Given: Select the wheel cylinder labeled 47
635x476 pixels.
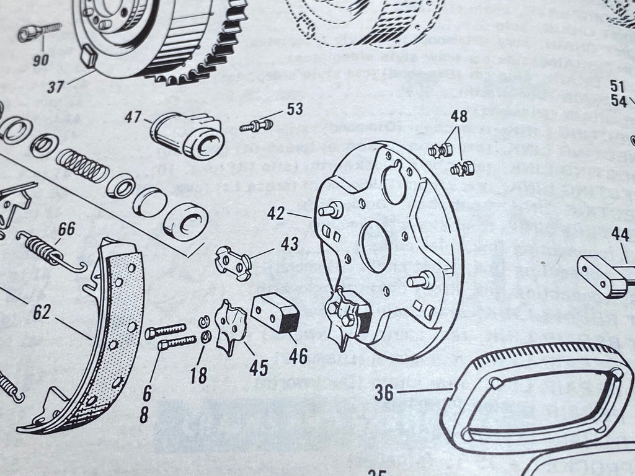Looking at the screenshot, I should point(187,133).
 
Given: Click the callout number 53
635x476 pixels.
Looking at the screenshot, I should point(295,110).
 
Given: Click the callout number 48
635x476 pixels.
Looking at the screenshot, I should point(460,116).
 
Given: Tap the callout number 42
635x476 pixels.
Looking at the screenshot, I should point(277,214).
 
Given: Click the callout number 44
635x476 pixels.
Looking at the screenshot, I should point(619,234).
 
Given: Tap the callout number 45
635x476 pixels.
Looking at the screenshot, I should point(258,368).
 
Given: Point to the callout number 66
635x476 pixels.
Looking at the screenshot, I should point(66,229).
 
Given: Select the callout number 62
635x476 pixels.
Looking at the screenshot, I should point(42,314).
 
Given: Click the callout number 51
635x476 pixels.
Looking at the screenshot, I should point(616,86).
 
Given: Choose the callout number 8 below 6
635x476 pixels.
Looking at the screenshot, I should point(144,415).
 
